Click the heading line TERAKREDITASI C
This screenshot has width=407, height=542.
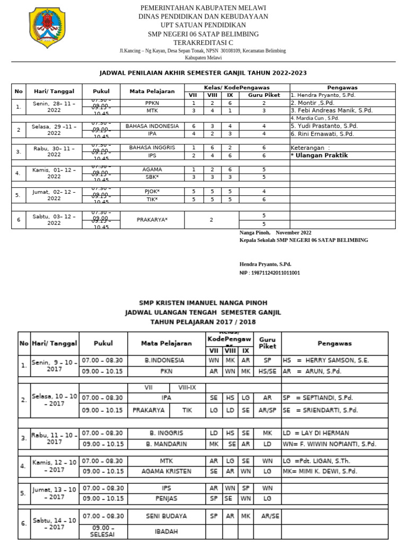(x=203, y=42)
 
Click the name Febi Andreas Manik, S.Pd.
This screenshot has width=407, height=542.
(x=331, y=111)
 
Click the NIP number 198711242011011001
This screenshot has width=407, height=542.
(x=270, y=273)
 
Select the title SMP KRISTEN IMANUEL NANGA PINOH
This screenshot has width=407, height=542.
(x=203, y=303)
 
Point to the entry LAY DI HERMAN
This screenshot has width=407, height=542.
(x=323, y=433)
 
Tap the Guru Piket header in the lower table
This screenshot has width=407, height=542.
(x=267, y=342)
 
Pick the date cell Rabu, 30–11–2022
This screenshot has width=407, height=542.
(x=54, y=151)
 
